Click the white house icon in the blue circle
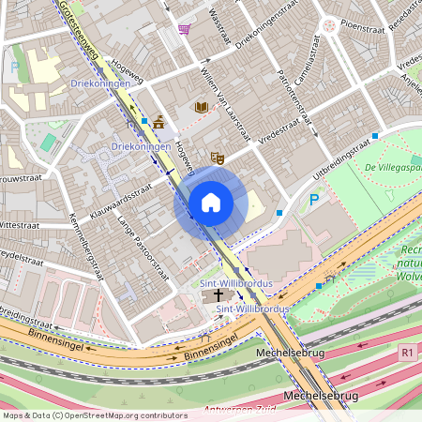[x=211, y=202]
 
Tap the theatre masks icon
[x=218, y=158]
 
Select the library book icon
[x=201, y=108]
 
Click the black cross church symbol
[x=219, y=294]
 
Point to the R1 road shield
[x=405, y=354]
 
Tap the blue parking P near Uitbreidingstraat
[x=315, y=199]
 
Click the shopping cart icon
[x=185, y=28]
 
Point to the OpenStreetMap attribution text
[x=83, y=414]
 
